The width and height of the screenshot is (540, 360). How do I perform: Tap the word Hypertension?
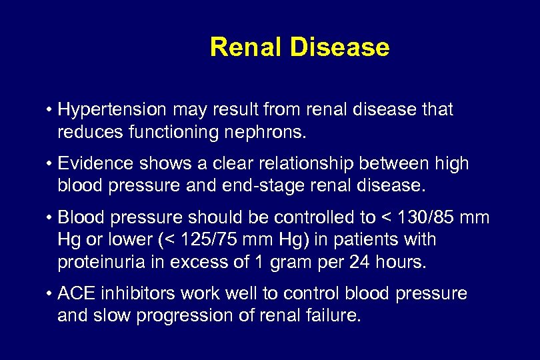tap(113, 110)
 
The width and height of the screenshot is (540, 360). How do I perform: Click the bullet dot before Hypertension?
tap(50, 110)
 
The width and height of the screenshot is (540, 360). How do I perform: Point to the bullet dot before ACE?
tap(50, 294)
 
